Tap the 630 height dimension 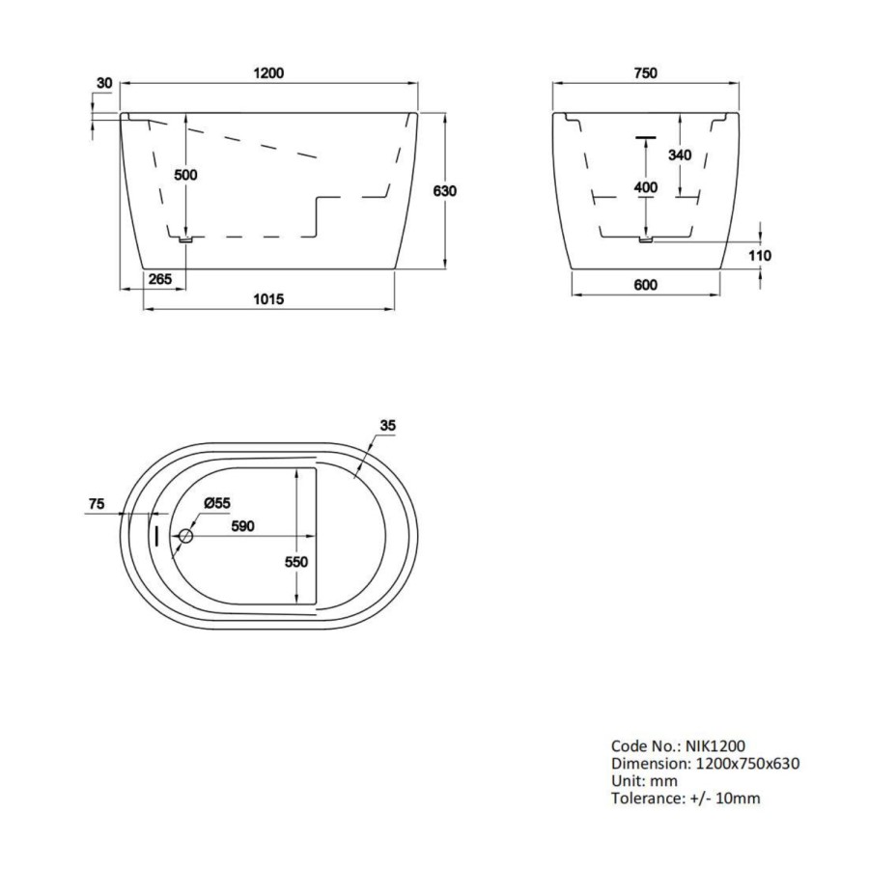coord(444,190)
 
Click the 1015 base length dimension coord(267,299)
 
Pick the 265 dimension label coord(160,279)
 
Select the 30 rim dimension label coord(104,85)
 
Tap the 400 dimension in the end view coord(645,187)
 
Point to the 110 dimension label coord(761,255)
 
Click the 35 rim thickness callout coord(388,425)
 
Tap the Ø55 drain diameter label coord(215,504)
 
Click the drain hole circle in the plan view coord(186,536)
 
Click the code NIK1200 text coord(715,745)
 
